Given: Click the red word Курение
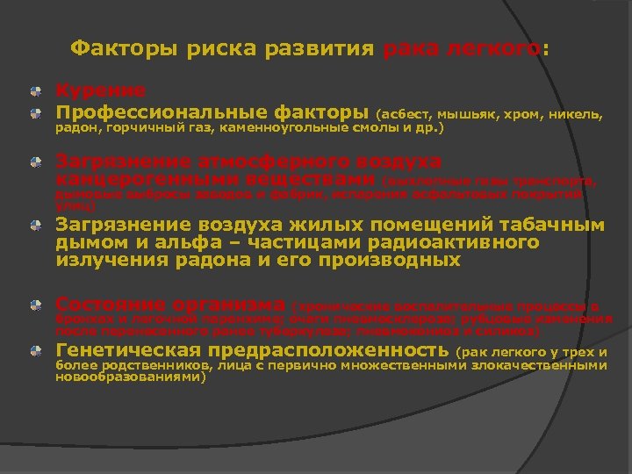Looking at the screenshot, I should pyautogui.click(x=101, y=90).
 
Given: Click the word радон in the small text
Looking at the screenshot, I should pyautogui.click(x=76, y=128).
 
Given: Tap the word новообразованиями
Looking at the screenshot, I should pyautogui.click(x=129, y=378).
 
